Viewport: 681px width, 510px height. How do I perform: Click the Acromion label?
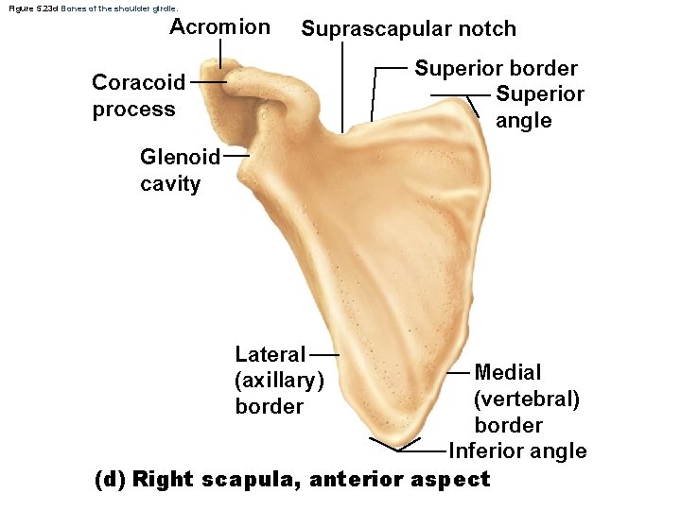coord(219,26)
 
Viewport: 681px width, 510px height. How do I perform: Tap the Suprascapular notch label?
coord(409,29)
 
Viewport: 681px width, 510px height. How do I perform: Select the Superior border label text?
coord(496,69)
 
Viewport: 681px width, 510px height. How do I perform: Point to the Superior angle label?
coord(539,108)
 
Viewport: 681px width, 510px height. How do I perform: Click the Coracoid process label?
coord(138,95)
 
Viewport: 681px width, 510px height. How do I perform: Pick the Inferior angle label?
coord(517,451)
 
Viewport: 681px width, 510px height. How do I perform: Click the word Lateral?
coord(271,355)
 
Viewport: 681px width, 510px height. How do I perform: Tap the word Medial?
coord(508,372)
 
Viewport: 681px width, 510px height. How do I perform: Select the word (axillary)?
coord(279,381)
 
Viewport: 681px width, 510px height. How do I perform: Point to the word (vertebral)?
coord(527,399)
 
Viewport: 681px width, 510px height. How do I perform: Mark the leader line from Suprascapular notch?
coord(341,85)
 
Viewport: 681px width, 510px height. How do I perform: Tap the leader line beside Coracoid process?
coord(208,82)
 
